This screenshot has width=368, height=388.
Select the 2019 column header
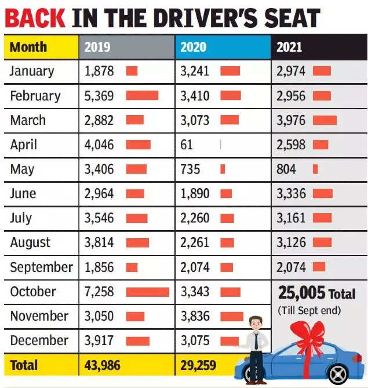click(x=97, y=47)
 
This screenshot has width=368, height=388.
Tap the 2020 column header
click(x=193, y=47)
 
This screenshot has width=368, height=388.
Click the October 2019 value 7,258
click(x=99, y=292)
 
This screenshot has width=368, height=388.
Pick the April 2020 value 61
click(x=187, y=145)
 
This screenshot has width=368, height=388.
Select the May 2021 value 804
click(x=286, y=169)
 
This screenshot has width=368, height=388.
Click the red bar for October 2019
click(x=147, y=292)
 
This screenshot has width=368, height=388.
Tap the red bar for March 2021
click(x=325, y=120)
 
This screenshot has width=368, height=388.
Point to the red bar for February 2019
click(x=142, y=96)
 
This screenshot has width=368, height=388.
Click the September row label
click(x=41, y=267)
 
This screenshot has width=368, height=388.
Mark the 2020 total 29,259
click(x=198, y=365)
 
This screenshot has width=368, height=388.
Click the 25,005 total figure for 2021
click(x=301, y=293)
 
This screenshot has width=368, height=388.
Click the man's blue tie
click(x=256, y=341)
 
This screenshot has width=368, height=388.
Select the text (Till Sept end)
click(x=310, y=311)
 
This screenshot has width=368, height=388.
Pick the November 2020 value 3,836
click(x=195, y=316)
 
